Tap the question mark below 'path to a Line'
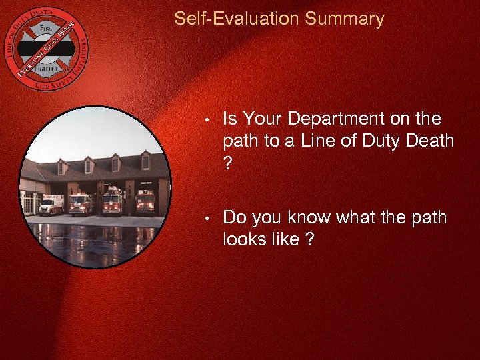(229, 163)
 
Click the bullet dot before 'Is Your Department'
(208, 121)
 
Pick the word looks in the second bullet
(244, 240)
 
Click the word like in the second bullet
(285, 240)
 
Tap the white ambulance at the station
(51, 205)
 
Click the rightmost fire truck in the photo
(145, 201)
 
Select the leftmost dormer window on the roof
(62, 167)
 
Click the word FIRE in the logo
(45, 28)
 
